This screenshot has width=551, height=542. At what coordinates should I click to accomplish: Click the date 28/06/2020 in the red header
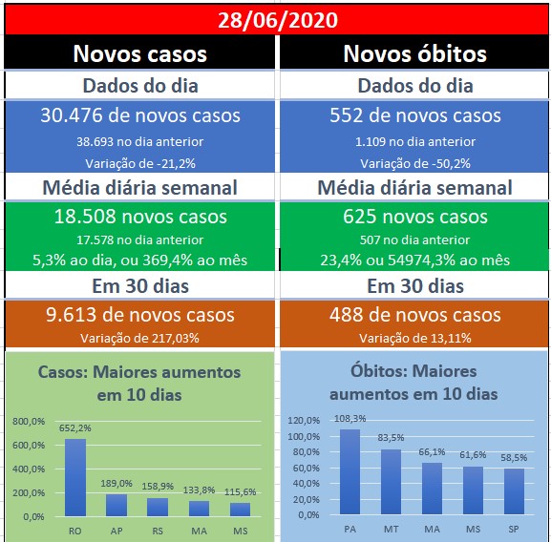tap(278, 20)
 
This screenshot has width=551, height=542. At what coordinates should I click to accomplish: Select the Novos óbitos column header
tap(414, 53)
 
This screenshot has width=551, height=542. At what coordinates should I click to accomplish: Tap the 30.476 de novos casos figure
tap(140, 115)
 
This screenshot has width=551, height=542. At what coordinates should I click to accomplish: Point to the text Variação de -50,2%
tap(415, 163)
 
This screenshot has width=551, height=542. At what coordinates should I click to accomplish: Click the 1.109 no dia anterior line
tap(415, 141)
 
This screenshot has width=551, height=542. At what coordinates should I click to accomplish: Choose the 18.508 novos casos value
tap(140, 217)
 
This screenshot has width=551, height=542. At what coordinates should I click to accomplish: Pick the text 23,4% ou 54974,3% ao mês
tap(414, 261)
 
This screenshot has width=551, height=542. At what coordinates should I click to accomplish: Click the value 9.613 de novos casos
tap(139, 315)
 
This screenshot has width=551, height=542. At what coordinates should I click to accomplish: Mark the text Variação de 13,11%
tap(415, 338)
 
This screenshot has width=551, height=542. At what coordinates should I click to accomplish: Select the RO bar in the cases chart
tap(75, 477)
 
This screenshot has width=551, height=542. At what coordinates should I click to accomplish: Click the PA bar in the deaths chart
tap(350, 471)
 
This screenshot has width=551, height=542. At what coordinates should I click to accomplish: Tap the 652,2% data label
tap(74, 427)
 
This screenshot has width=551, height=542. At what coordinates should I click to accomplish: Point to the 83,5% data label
tap(391, 437)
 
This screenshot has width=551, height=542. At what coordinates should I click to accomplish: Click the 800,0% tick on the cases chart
tap(29, 421)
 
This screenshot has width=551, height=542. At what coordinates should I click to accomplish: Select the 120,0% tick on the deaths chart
tap(304, 420)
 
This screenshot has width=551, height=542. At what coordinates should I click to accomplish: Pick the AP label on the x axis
tap(117, 531)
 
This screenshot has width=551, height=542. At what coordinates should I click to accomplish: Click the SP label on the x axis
tap(514, 529)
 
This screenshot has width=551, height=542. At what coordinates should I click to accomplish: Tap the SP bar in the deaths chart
tap(514, 491)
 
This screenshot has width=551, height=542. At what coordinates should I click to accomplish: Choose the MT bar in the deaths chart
tap(391, 482)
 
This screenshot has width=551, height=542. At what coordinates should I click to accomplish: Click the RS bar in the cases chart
tap(158, 507)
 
